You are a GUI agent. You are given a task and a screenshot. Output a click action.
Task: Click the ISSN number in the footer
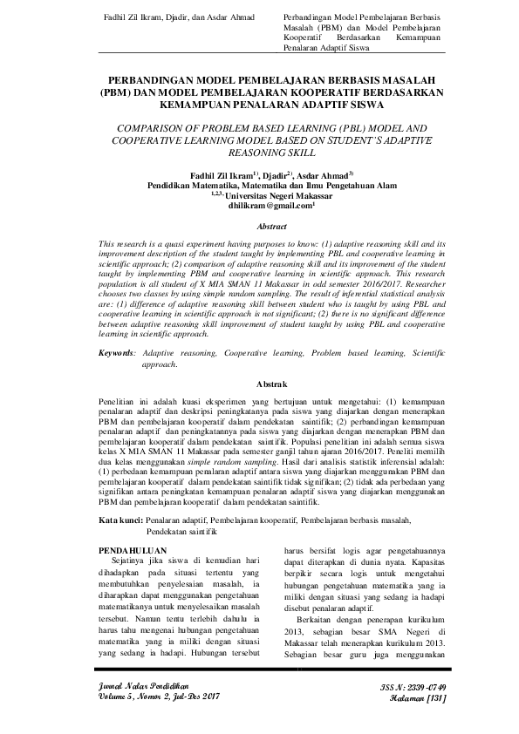tap(415, 687)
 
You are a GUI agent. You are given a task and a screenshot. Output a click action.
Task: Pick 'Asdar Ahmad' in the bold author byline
tap(328, 173)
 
